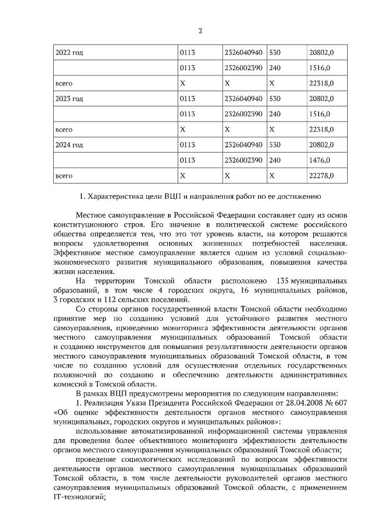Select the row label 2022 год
69,53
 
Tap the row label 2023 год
69,98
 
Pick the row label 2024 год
69,144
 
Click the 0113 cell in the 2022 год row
188,53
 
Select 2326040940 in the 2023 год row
243,98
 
